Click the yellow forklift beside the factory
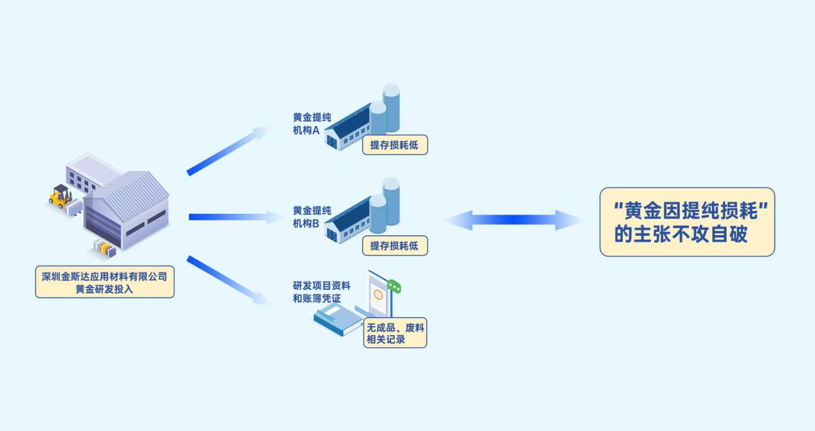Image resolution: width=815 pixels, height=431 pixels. coord(60,196)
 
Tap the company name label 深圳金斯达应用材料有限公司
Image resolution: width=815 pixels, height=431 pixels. coord(104,276)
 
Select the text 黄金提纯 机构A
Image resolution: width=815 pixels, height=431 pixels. coord(312,124)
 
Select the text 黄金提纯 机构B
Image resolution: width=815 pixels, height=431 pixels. coord(312,217)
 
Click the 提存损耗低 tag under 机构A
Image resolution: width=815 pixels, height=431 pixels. coord(394,145)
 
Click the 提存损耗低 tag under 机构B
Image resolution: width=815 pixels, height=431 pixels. coord(394,245)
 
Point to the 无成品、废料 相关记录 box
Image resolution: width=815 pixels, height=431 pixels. coord(395,334)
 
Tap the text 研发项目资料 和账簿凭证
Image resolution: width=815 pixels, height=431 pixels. coord(322,292)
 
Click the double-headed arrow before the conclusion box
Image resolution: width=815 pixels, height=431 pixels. coord(513,220)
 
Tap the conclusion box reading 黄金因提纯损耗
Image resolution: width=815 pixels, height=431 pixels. coord(687,222)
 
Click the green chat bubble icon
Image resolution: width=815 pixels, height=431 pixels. coord(394,286)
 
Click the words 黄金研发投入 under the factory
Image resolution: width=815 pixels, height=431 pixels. coord(104,289)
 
